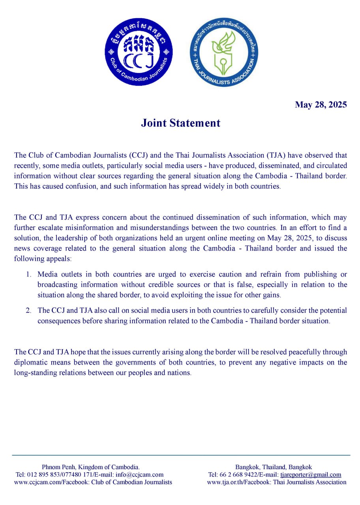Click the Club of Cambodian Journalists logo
pos(139,52)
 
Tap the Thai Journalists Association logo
pos(224,52)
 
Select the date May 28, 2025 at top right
pos(321,105)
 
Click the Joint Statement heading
pos(180,123)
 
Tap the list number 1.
pos(28,274)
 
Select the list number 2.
pos(28,310)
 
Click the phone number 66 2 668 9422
pos(236,475)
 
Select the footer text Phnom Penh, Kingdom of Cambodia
pos(90,467)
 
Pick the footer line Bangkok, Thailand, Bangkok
pos(274,467)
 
